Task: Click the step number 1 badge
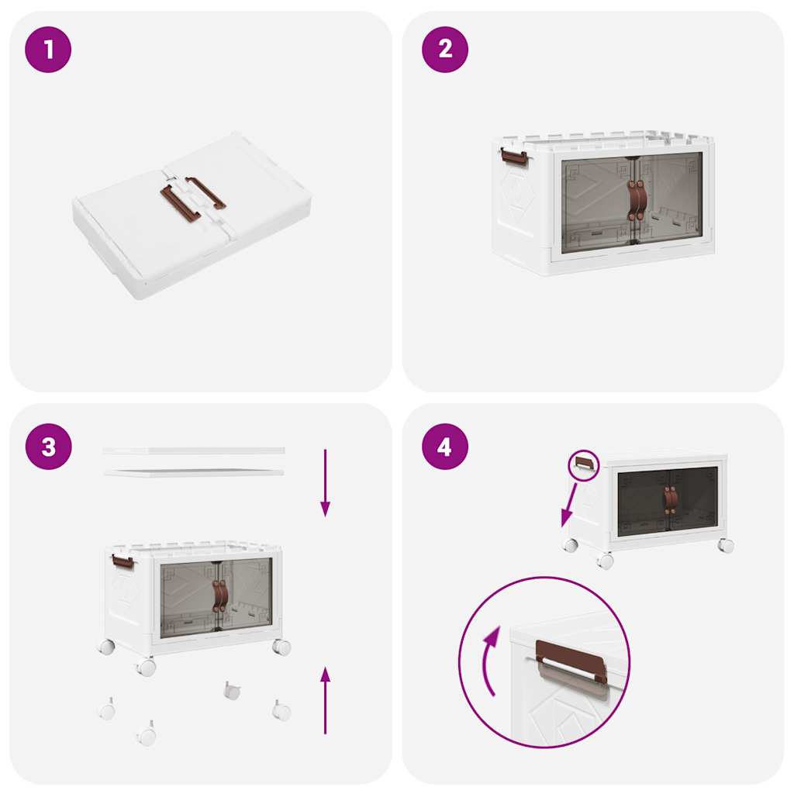pos(49,50)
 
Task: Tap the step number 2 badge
pos(445,50)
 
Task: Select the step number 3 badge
pos(49,447)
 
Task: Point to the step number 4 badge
pos(445,447)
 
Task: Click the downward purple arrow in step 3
pos(325,482)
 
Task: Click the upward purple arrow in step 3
pos(325,699)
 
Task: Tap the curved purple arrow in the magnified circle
pos(488,661)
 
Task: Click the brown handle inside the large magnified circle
pos(571,661)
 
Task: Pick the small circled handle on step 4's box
pos(585,464)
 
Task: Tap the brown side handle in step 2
pos(514,157)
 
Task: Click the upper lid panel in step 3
pos(194,451)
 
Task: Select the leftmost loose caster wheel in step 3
pos(107,709)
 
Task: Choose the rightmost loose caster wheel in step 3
pos(281,709)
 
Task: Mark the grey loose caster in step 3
pos(232,690)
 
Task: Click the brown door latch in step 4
pos(670,500)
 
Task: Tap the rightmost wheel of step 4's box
pos(726,545)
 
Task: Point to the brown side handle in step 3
pos(123,561)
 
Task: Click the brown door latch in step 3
pos(220,595)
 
